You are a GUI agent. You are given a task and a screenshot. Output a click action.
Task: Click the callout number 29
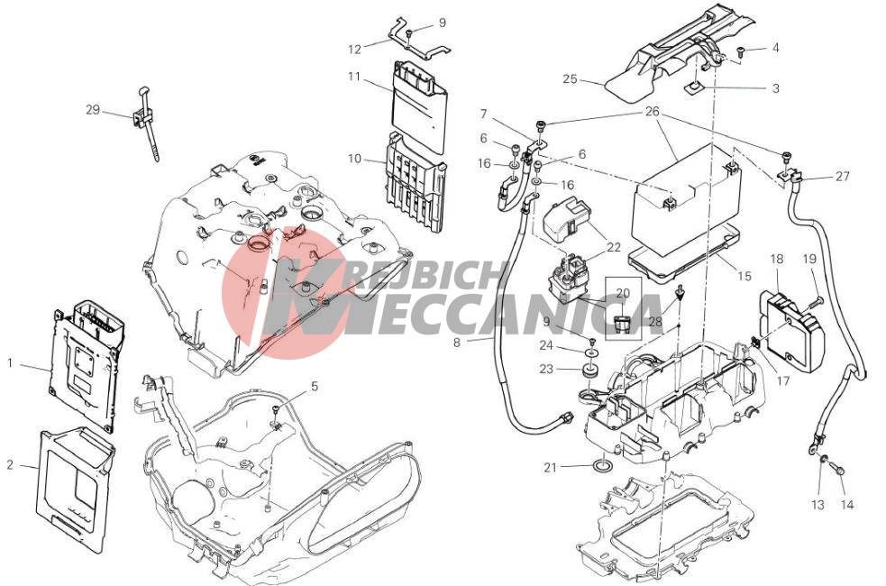pos(93,110)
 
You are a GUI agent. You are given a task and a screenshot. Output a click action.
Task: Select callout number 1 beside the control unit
pos(10,362)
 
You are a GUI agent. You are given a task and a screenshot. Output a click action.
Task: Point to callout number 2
pos(10,465)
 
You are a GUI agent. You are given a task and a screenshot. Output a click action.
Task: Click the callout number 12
pos(354,50)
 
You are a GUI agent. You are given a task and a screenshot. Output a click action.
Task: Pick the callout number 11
pos(354,77)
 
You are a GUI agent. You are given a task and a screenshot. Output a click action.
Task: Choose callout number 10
pos(354,159)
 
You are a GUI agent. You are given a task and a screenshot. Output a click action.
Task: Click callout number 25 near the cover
pos(571,79)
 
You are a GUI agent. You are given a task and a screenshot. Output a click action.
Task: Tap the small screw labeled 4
pos(741,52)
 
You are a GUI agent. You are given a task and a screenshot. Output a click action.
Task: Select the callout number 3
pos(776,88)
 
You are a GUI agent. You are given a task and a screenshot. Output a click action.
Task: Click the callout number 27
pos(843,177)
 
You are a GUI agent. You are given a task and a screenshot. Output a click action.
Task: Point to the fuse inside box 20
pos(622,325)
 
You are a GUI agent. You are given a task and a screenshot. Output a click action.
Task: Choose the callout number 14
pos(847,505)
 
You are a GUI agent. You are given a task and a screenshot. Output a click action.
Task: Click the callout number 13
pos(818,505)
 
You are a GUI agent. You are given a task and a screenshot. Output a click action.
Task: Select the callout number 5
pos(315,387)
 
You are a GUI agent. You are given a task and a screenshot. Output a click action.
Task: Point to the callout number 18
pos(777,259)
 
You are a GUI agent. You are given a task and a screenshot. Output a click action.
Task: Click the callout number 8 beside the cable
pos(457,342)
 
